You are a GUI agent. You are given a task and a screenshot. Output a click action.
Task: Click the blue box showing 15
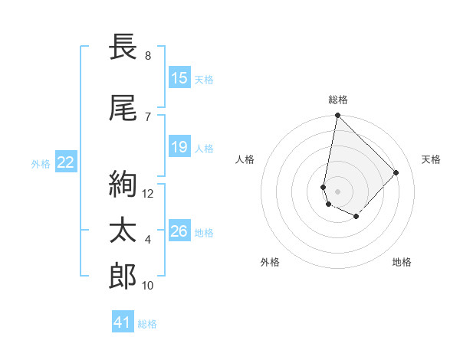179,78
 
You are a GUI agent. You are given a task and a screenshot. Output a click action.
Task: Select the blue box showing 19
179,147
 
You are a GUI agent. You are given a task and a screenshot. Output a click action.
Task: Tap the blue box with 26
179,231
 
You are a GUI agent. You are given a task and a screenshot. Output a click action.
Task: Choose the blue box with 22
66,162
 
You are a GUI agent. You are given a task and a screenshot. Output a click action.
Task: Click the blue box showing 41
123,322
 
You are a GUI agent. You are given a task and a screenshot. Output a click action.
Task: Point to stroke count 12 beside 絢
148,194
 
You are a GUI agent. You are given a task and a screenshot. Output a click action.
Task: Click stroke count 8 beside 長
148,56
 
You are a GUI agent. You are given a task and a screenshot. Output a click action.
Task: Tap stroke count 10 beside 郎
148,286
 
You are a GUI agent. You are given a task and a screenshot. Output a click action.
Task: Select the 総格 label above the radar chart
338,100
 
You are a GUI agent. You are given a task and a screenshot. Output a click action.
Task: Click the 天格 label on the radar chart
431,159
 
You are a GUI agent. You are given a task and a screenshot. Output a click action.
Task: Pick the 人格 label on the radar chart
245,159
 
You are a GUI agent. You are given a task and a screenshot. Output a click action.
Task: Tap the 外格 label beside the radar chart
270,262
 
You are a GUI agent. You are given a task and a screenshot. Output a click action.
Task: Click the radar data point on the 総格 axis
337,116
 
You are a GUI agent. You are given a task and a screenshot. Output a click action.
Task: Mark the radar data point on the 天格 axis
396,172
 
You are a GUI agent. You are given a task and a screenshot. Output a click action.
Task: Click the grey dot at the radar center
337,191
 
